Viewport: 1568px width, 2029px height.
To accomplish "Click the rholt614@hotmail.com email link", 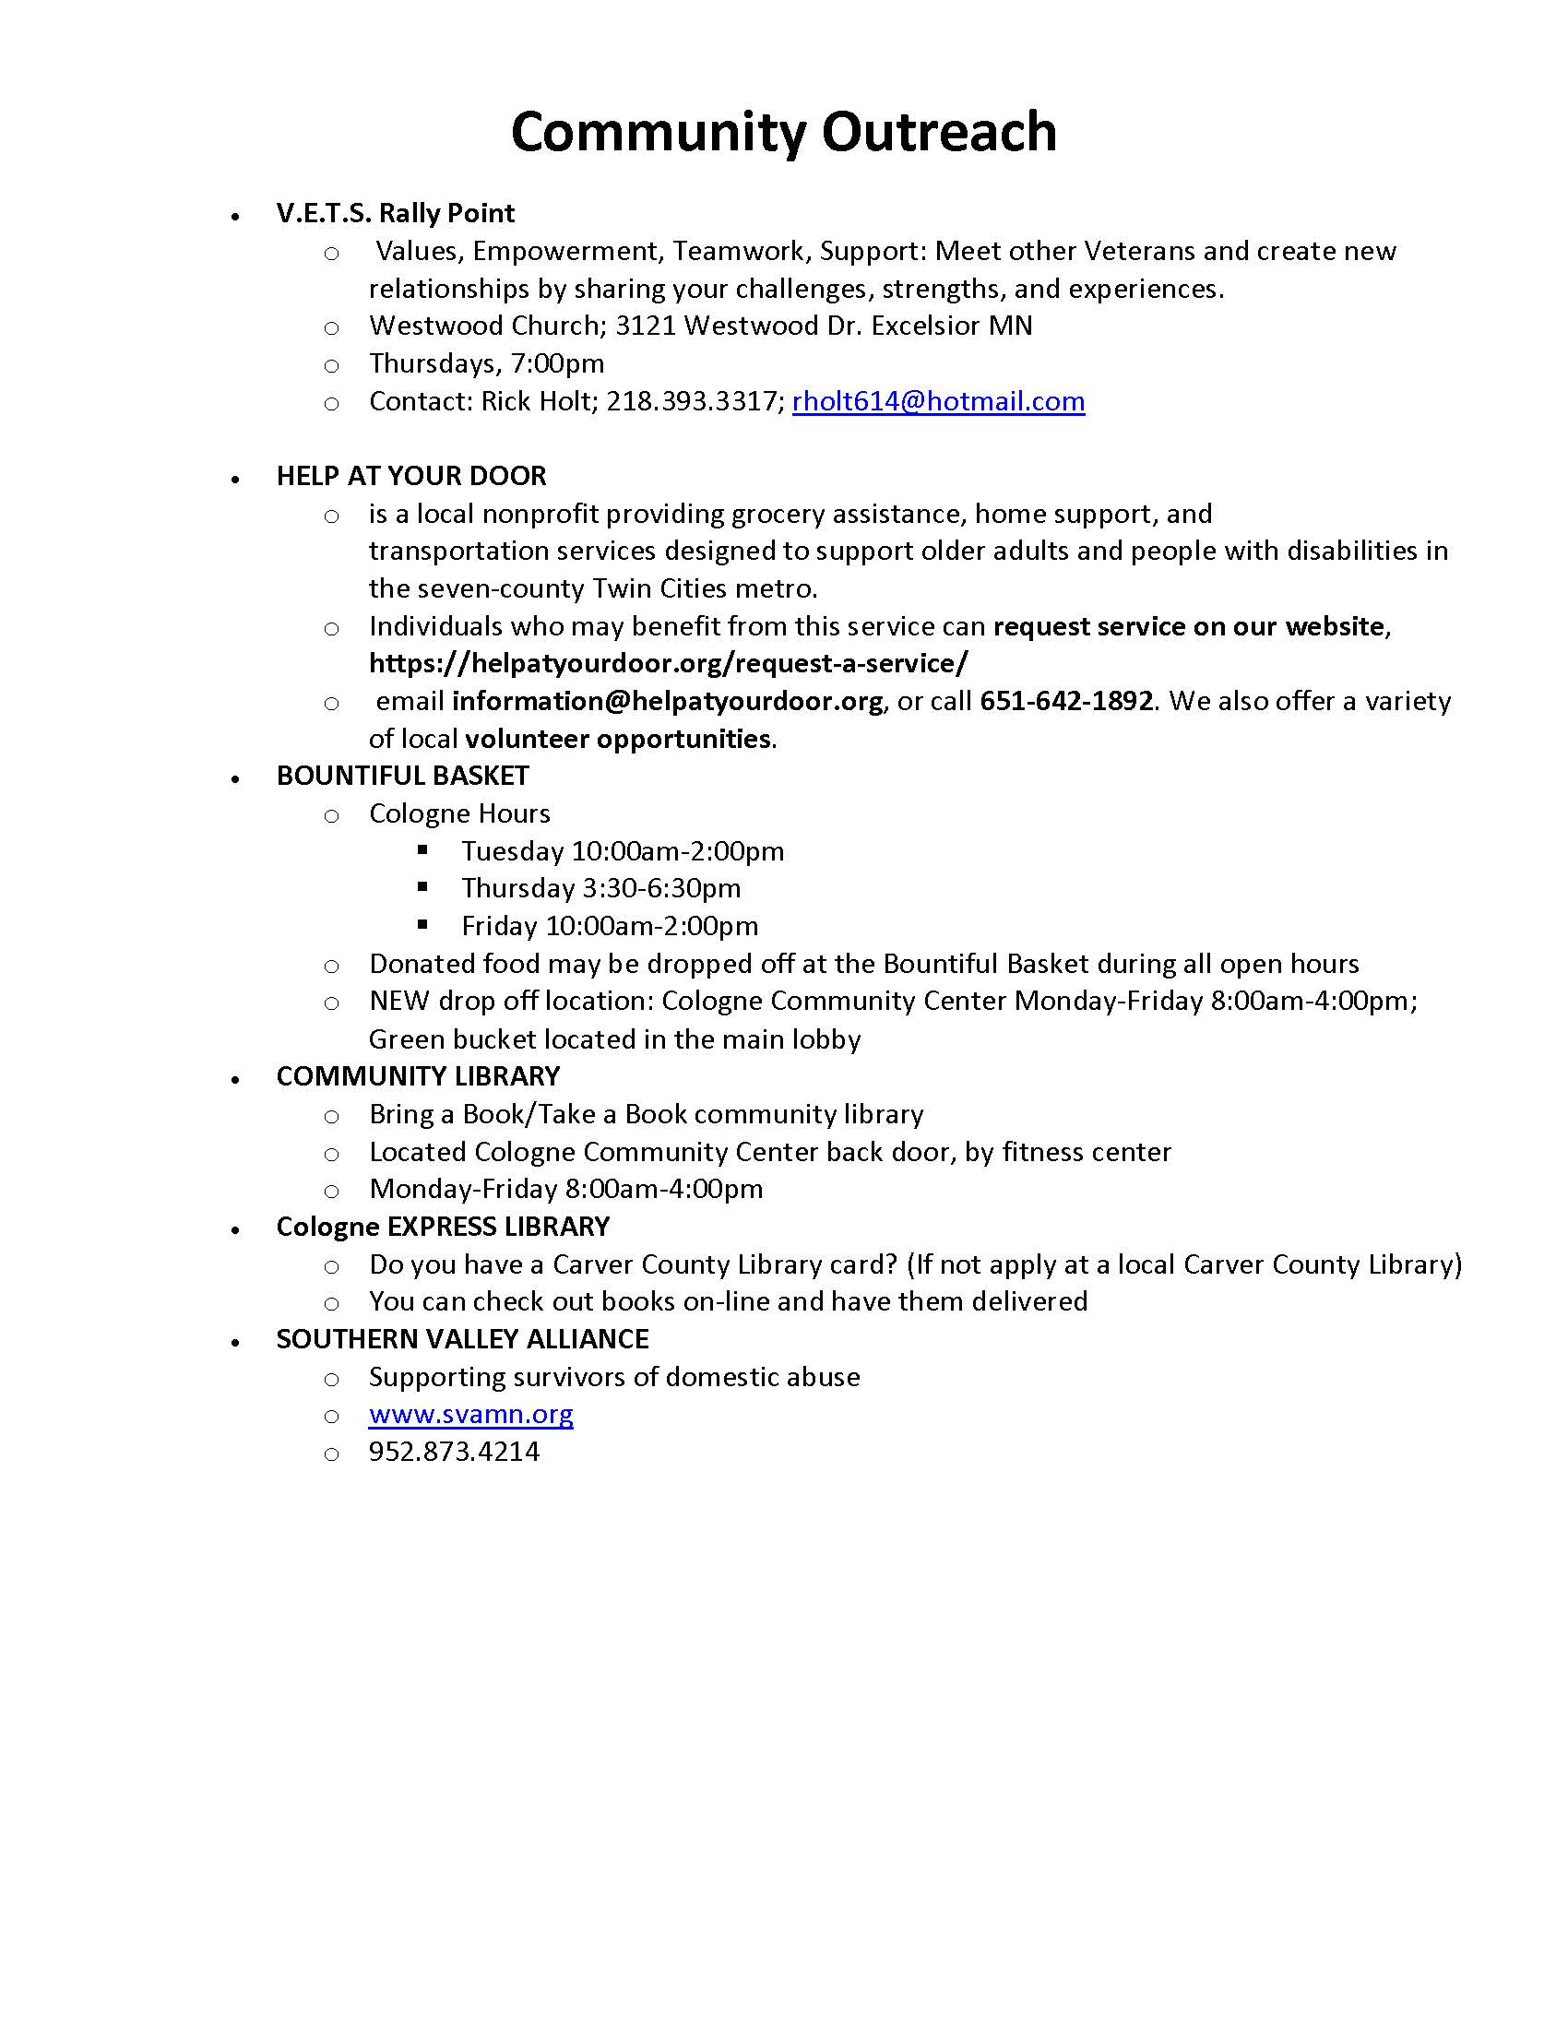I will pyautogui.click(x=938, y=401).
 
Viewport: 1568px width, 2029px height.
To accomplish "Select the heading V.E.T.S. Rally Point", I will pyautogui.click(x=395, y=214).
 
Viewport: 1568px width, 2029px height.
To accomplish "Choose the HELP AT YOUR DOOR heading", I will pyautogui.click(x=410, y=476).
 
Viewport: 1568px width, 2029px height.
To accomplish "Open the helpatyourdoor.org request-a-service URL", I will pyautogui.click(x=668, y=663).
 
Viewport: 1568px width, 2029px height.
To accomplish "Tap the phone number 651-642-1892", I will pyautogui.click(x=1066, y=702).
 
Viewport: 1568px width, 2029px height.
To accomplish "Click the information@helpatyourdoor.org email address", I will pyautogui.click(x=667, y=702).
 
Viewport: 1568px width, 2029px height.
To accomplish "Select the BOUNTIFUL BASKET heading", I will pyautogui.click(x=402, y=776).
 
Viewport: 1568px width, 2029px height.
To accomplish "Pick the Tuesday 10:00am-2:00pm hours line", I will pyautogui.click(x=623, y=851).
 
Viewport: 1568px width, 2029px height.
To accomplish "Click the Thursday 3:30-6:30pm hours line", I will pyautogui.click(x=601, y=889).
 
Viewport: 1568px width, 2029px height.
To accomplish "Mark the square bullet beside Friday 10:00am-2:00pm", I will pyautogui.click(x=423, y=924).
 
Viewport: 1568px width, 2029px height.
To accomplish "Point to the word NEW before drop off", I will pyautogui.click(x=398, y=1002).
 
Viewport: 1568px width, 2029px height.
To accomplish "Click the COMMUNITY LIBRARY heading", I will pyautogui.click(x=418, y=1075).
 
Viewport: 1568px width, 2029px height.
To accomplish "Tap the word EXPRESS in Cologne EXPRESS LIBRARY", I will pyautogui.click(x=441, y=1227).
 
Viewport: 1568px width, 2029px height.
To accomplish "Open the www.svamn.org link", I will pyautogui.click(x=471, y=1414).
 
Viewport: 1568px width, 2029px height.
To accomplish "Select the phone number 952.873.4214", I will pyautogui.click(x=454, y=1452).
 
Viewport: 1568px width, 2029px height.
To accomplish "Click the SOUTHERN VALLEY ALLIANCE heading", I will pyautogui.click(x=462, y=1339).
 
